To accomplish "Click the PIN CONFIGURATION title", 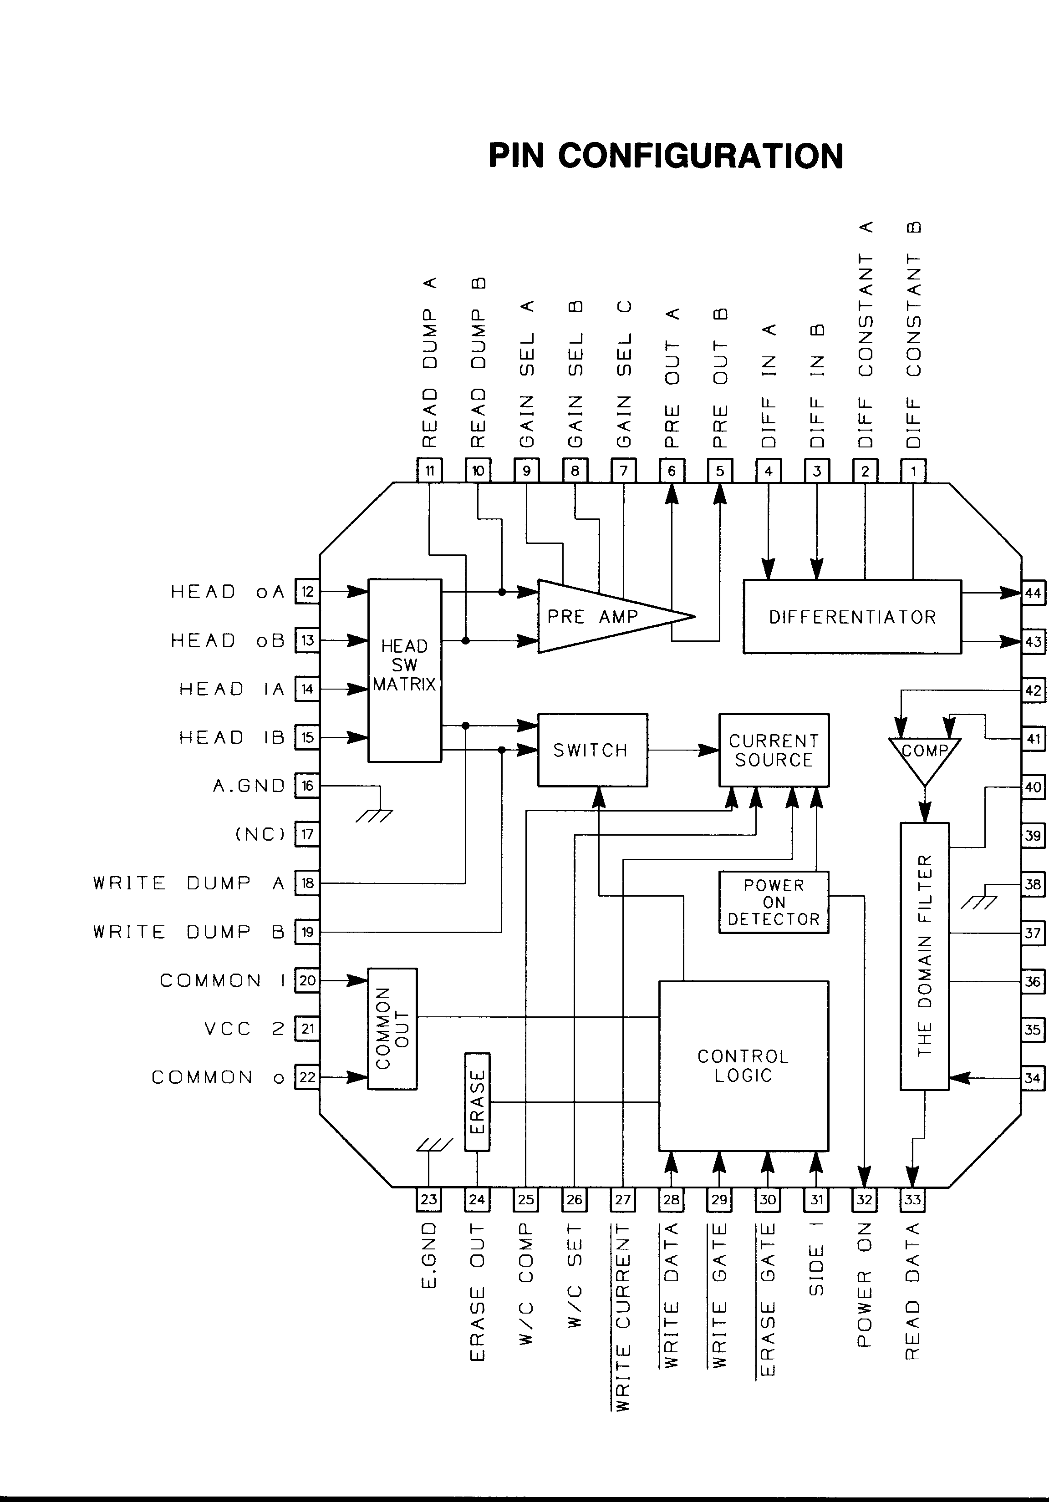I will (x=666, y=156).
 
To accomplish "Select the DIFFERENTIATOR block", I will (x=852, y=616).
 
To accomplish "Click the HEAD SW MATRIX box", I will (x=404, y=670).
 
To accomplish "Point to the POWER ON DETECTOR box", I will (x=774, y=902).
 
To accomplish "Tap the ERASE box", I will (x=477, y=1102).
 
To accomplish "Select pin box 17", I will (x=307, y=835).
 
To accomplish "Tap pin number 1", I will (x=913, y=471).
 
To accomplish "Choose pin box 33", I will (x=912, y=1199).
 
